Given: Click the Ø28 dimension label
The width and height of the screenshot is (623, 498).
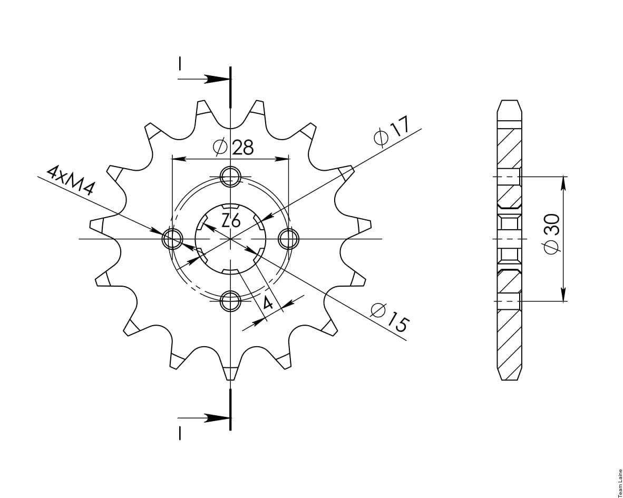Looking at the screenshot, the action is (233, 148).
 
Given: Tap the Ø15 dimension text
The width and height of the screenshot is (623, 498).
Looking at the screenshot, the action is (389, 317).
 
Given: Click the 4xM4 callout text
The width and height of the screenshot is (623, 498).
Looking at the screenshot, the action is (70, 181).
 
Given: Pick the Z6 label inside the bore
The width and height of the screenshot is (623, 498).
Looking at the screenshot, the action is (231, 221).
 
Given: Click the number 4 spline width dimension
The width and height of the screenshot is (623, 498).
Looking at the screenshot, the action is (268, 304).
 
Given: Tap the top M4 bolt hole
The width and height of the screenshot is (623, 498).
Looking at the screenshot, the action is (231, 177).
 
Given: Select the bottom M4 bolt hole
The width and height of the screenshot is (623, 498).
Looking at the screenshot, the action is (231, 301).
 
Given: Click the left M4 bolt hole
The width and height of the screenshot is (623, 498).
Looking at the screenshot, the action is (172, 239).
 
